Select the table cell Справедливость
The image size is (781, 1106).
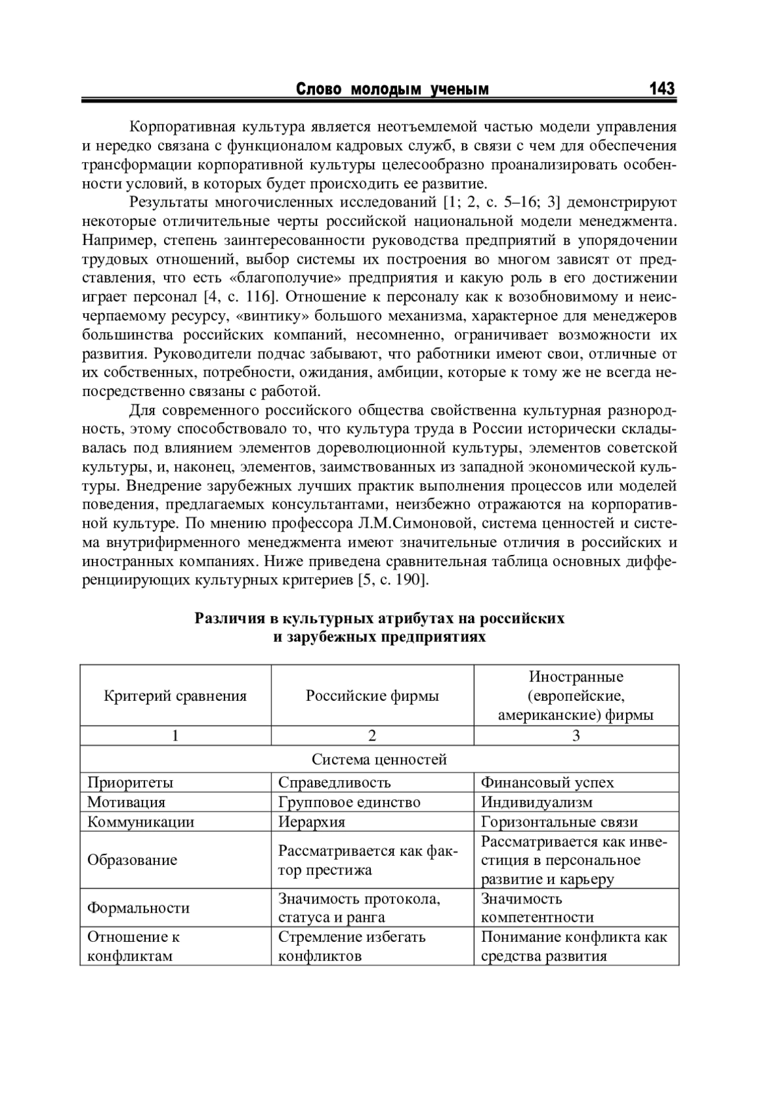click(x=335, y=782)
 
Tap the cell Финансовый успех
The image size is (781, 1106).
click(x=547, y=782)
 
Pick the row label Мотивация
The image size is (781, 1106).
click(x=126, y=802)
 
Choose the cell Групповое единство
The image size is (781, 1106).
click(x=349, y=802)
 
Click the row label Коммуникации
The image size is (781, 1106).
click(x=141, y=821)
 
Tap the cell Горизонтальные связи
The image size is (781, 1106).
click(x=559, y=821)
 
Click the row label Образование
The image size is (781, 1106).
click(x=132, y=860)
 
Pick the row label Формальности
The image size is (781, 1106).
click(x=139, y=907)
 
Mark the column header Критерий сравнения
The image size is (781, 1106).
click(x=175, y=696)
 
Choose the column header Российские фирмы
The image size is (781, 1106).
click(x=372, y=696)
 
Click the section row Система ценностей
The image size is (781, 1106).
click(x=379, y=759)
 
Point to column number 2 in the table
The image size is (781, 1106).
click(x=372, y=735)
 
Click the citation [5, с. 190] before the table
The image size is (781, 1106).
click(x=392, y=580)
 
